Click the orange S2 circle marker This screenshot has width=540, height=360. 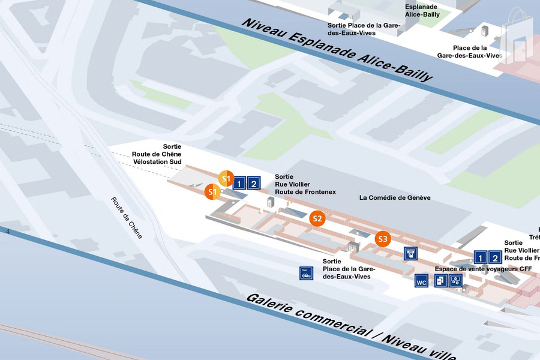[x=317, y=218]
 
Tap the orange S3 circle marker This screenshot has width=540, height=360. [x=383, y=239]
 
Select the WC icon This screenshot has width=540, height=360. [x=422, y=280]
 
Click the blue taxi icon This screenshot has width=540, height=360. [x=307, y=273]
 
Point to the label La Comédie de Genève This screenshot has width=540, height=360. [x=395, y=197]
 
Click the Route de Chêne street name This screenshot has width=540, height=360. [x=127, y=218]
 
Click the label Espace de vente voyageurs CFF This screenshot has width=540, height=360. [x=483, y=269]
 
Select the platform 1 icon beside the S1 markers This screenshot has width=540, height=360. [x=239, y=184]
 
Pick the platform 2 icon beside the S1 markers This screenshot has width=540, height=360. [x=254, y=184]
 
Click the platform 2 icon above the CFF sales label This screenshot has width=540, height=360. [x=495, y=258]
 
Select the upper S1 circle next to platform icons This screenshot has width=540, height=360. [x=226, y=178]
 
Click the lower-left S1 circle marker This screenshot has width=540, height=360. [x=212, y=192]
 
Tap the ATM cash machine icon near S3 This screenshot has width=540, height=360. [x=411, y=253]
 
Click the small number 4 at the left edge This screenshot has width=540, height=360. [x=8, y=232]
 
